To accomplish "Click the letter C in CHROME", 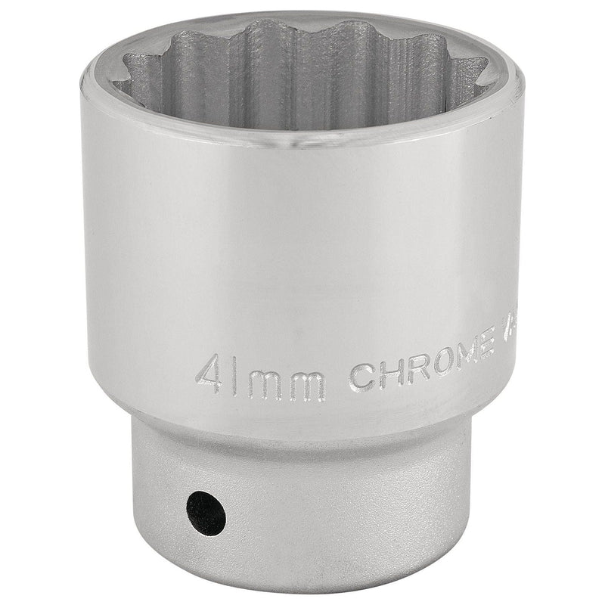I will coord(362,377).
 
